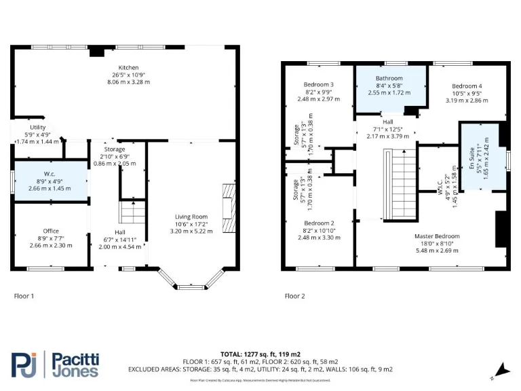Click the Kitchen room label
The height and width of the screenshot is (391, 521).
coord(128,68)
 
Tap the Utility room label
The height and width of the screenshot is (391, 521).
coord(37,128)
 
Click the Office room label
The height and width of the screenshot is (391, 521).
coord(51,231)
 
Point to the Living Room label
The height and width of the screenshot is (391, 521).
coord(191,217)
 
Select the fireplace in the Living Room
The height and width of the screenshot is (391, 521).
coord(231,208)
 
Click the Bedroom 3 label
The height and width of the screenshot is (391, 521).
coord(318,85)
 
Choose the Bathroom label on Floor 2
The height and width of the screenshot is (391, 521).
coord(389,79)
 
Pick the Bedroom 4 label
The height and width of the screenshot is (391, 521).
coord(467,86)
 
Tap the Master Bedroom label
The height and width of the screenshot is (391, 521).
coord(438,237)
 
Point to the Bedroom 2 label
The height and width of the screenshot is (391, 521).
coord(318,223)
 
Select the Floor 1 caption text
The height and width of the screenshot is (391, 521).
coord(24,296)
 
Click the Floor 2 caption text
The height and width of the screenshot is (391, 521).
coord(294,296)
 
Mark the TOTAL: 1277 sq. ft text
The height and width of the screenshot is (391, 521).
coord(260,354)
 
